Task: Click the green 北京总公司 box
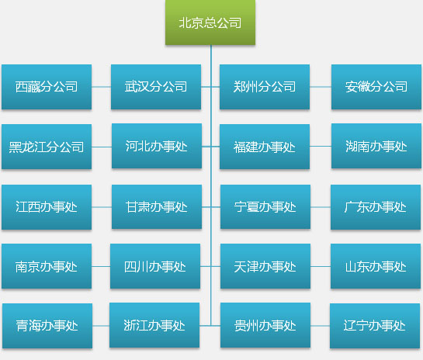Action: (210, 22)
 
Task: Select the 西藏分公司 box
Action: (47, 87)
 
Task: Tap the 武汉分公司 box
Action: (156, 87)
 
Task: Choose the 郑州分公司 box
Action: (265, 87)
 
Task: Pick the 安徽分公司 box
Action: (376, 87)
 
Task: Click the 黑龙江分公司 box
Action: (47, 147)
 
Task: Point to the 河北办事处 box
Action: (157, 146)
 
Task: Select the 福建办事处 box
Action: (265, 147)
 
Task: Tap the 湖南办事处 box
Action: (376, 146)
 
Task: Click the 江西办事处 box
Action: (47, 207)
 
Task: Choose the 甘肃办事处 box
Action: (157, 207)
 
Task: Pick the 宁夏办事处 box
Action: (265, 207)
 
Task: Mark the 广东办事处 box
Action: (376, 207)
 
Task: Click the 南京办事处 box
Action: (47, 266)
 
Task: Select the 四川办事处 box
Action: (155, 266)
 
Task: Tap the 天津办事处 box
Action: (265, 266)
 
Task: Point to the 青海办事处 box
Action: (47, 326)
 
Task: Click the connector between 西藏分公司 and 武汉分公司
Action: (101, 87)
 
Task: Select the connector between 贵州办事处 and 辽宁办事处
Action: (320, 326)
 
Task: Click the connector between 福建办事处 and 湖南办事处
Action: (321, 147)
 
